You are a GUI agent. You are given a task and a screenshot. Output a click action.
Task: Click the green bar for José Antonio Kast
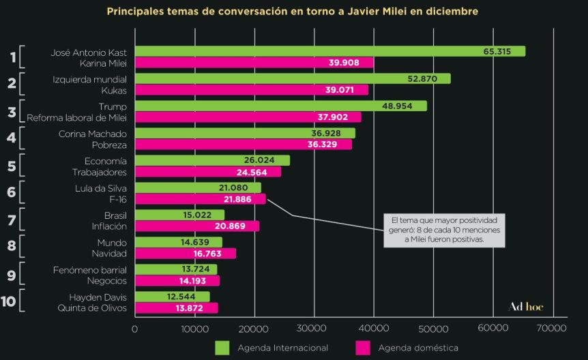tap(330, 52)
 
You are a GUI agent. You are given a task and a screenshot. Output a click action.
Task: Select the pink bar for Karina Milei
tap(254, 63)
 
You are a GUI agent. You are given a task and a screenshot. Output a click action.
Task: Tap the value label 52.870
tap(428, 78)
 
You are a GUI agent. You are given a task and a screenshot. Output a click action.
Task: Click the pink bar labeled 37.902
tap(248, 117)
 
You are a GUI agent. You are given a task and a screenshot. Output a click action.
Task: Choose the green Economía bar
tap(212, 160)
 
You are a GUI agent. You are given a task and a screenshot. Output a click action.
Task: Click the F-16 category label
tap(116, 199)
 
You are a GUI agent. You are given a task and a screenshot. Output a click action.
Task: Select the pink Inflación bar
tap(197, 226)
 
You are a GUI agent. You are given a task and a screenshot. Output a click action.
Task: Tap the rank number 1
tap(12, 57)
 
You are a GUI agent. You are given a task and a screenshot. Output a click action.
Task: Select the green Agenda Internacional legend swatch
tap(222, 348)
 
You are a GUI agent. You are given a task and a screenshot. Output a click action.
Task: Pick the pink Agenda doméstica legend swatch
tap(363, 348)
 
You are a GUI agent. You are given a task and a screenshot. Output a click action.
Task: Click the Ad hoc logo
tap(526, 306)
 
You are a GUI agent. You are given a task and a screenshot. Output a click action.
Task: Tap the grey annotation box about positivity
tap(443, 230)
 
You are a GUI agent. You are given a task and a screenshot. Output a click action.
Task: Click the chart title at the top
tap(293, 12)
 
